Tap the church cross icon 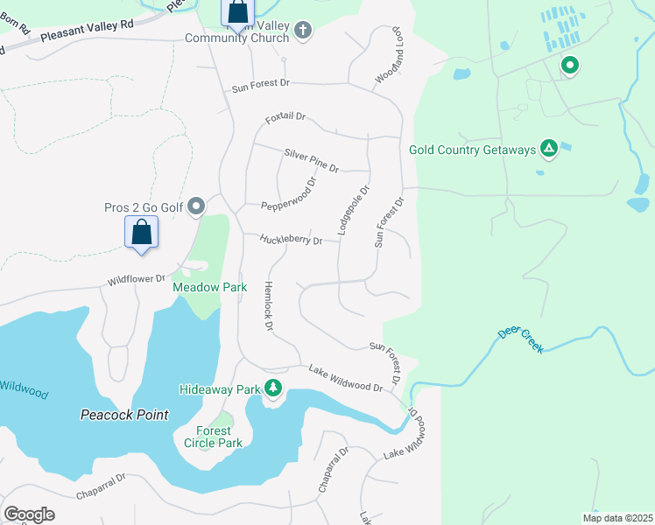click(303, 31)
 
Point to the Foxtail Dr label click(285, 116)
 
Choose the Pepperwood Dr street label click(288, 199)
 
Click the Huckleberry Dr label click(291, 239)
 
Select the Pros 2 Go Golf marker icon click(196, 206)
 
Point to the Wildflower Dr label click(136, 279)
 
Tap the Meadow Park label click(209, 287)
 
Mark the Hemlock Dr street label click(269, 306)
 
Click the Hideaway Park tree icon click(273, 388)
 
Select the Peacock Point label click(123, 414)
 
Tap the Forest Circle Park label click(213, 437)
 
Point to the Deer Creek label click(520, 341)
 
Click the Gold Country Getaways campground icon click(548, 150)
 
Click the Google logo click(29, 514)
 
